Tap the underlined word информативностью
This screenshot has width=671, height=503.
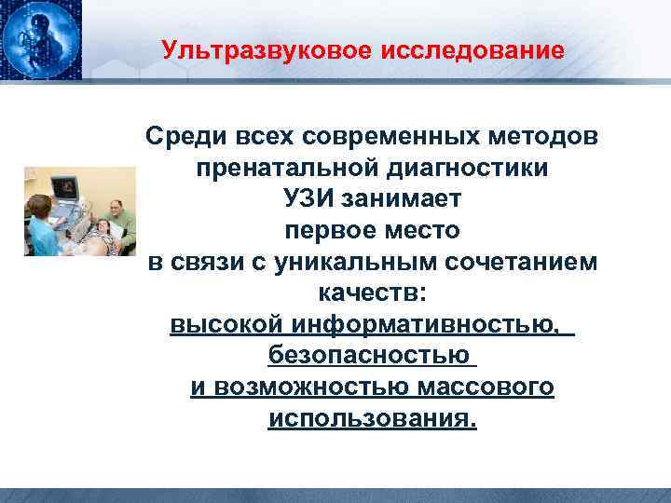pos(429,325)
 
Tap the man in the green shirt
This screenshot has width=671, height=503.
pos(117,221)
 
